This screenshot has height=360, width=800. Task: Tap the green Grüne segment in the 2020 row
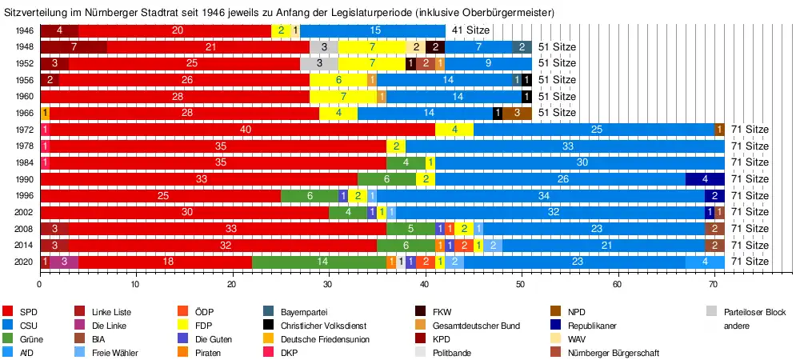319,262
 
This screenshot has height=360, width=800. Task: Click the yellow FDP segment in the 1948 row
372,46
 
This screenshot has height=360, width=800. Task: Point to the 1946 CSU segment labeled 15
374,30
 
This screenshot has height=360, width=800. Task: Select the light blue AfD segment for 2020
705,262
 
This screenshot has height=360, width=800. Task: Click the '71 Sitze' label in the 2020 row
750,262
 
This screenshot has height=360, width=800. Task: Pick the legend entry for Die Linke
111,326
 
